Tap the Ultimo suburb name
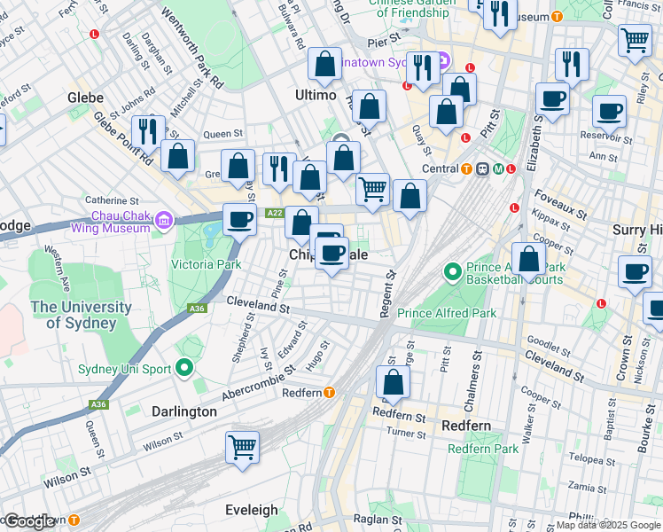[315, 95]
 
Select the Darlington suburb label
[184, 411]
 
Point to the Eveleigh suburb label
[253, 510]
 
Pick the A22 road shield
[274, 213]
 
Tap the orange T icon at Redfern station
[329, 393]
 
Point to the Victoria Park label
[206, 264]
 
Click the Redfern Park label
[482, 449]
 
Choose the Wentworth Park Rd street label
[191, 49]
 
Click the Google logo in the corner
[30, 521]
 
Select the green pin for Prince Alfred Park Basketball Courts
[452, 270]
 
